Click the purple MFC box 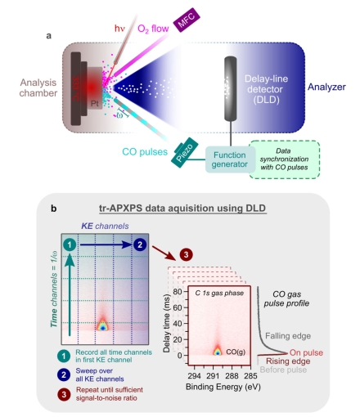tap(187, 20)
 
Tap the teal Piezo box tap(185, 153)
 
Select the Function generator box tap(230, 159)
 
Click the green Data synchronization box tap(284, 159)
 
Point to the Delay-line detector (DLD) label tap(266, 89)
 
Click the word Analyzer tap(326, 87)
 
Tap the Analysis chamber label tap(38, 87)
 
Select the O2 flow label tap(153, 29)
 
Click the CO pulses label tap(145, 152)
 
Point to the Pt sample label tap(95, 104)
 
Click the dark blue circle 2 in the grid tap(140, 244)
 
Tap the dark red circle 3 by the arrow tap(186, 255)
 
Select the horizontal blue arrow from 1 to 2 tap(106, 244)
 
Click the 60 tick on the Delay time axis tap(178, 307)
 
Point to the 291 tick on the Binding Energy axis tap(213, 376)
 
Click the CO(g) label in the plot tap(236, 352)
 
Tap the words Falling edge tap(288, 336)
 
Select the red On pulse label tap(306, 352)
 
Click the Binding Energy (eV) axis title tap(223, 387)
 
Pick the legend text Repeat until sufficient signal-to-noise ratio tap(110, 394)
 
